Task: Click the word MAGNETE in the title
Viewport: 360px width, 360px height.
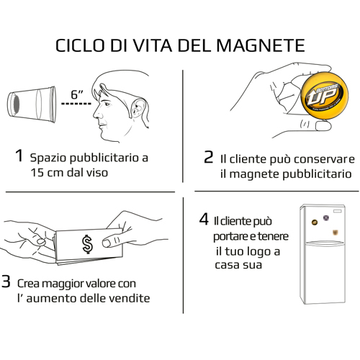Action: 261,45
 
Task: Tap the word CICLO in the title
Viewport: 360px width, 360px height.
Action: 80,45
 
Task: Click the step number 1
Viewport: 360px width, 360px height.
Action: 19,156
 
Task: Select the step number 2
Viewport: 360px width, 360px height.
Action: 208,157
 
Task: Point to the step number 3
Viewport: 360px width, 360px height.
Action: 6,281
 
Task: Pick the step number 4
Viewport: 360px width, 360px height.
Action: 204,219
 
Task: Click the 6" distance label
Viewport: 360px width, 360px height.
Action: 77,94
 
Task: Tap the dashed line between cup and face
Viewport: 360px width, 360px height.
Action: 76,104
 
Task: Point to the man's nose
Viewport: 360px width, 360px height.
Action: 96,112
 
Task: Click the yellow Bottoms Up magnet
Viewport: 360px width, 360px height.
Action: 324,95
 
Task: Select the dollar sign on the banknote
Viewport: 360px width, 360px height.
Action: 87,244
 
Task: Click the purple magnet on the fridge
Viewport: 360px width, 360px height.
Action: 325,217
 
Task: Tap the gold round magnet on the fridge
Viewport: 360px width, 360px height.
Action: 314,222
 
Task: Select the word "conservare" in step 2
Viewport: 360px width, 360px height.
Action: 324,159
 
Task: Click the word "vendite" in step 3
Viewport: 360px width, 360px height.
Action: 130,298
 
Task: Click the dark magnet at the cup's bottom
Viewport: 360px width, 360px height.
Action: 17,104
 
